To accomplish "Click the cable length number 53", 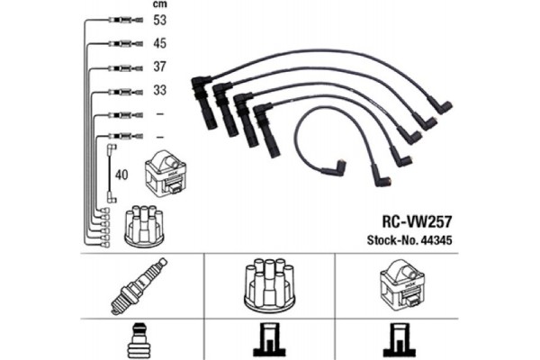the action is [x=160, y=20].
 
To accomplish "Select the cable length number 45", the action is [x=160, y=43].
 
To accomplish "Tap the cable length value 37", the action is [x=160, y=67].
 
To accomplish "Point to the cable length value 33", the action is [x=160, y=90].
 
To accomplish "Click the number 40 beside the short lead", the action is [x=121, y=175].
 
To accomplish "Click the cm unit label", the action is [x=160, y=4].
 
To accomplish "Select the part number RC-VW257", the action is [x=417, y=222].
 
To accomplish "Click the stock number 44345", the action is [x=436, y=240].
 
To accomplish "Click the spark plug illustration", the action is [x=139, y=285].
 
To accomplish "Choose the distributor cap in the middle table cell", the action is [x=269, y=286].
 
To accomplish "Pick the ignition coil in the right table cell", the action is [x=402, y=285].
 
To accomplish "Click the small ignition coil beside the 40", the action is [x=166, y=174].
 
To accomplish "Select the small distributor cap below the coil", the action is [x=145, y=226].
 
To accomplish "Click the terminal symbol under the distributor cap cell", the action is [x=270, y=340].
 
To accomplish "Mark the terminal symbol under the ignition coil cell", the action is [x=399, y=340].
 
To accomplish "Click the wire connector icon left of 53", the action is [x=125, y=21].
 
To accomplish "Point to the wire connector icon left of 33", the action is [x=125, y=92].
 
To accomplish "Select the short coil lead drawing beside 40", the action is [x=112, y=174].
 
